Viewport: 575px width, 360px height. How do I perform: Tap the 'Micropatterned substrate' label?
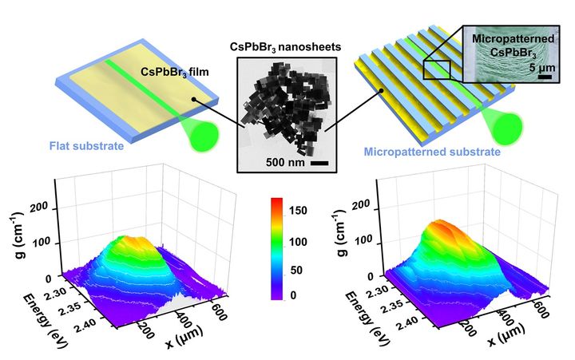tap(432, 150)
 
